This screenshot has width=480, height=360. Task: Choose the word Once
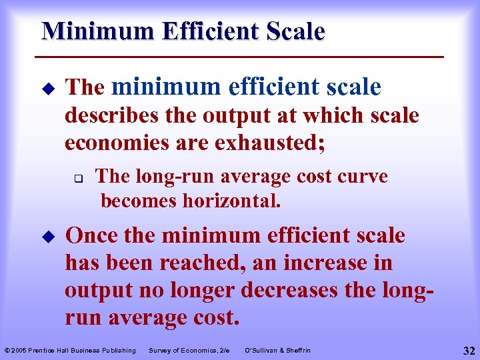tap(91, 235)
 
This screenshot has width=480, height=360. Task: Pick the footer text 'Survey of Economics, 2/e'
tap(189, 351)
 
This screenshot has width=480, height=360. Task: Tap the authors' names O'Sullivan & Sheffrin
tap(278, 351)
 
